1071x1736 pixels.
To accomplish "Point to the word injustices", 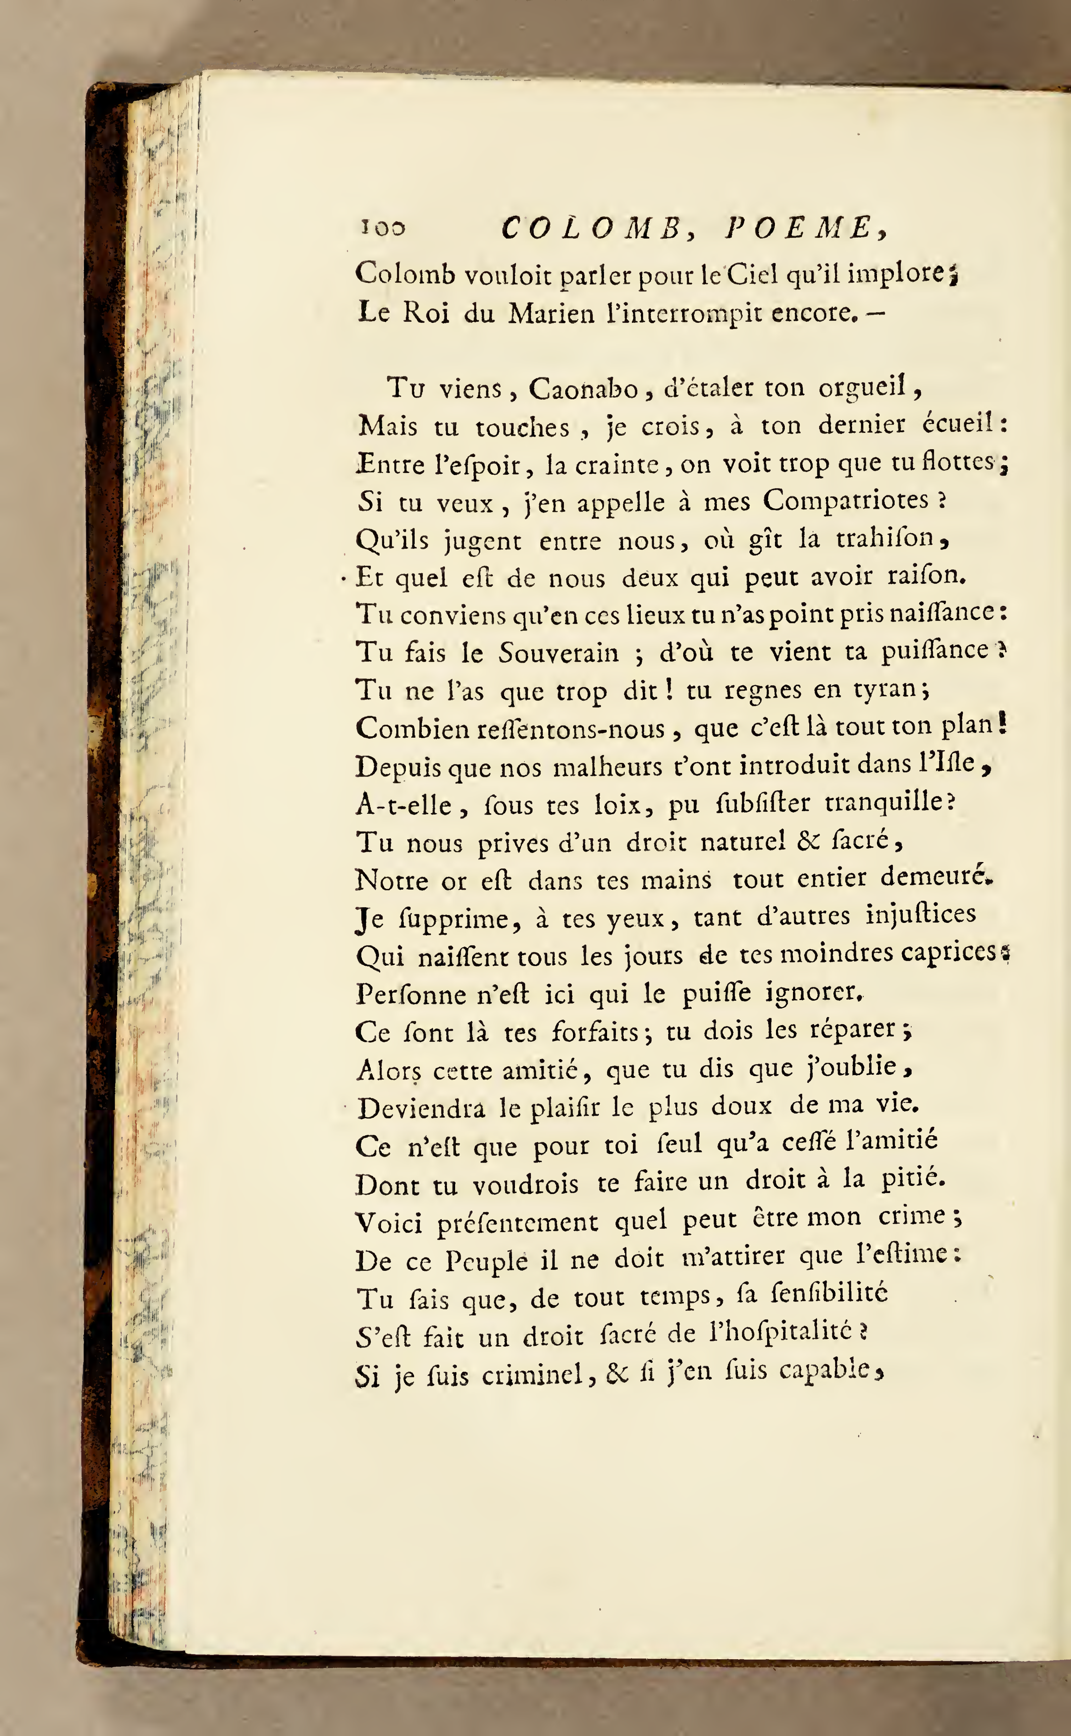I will [921, 915].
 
